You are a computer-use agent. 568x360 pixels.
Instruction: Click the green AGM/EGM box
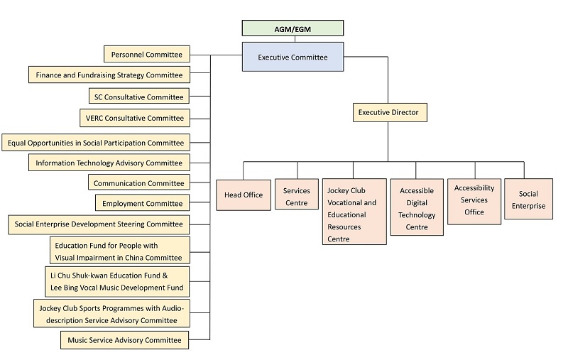coord(293,28)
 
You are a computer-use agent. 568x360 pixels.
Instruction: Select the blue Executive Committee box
coord(293,57)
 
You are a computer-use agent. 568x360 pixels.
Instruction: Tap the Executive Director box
coord(388,112)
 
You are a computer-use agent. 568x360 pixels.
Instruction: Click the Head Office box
coord(244,195)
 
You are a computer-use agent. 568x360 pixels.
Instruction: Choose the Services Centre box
coord(297,197)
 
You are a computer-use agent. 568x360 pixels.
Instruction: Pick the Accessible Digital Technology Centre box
coord(416,209)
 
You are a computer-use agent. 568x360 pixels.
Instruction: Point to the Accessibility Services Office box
coord(474,200)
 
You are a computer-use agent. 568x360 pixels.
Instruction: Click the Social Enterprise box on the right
coord(528,200)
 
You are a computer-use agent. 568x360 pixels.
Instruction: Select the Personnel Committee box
coord(146,54)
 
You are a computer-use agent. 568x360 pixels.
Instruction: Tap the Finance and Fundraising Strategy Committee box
coord(109,75)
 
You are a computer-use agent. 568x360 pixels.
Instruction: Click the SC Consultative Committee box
coord(139,97)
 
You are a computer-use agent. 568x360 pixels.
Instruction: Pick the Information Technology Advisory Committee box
coord(109,163)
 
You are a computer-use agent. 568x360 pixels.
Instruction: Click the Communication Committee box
coord(139,183)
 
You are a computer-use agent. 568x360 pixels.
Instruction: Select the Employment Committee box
coord(142,204)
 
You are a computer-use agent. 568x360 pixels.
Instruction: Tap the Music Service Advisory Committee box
coord(124,340)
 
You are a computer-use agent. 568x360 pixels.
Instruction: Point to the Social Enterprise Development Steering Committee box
coord(99,224)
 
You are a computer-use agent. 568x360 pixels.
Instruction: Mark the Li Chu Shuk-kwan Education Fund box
coord(116,281)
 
